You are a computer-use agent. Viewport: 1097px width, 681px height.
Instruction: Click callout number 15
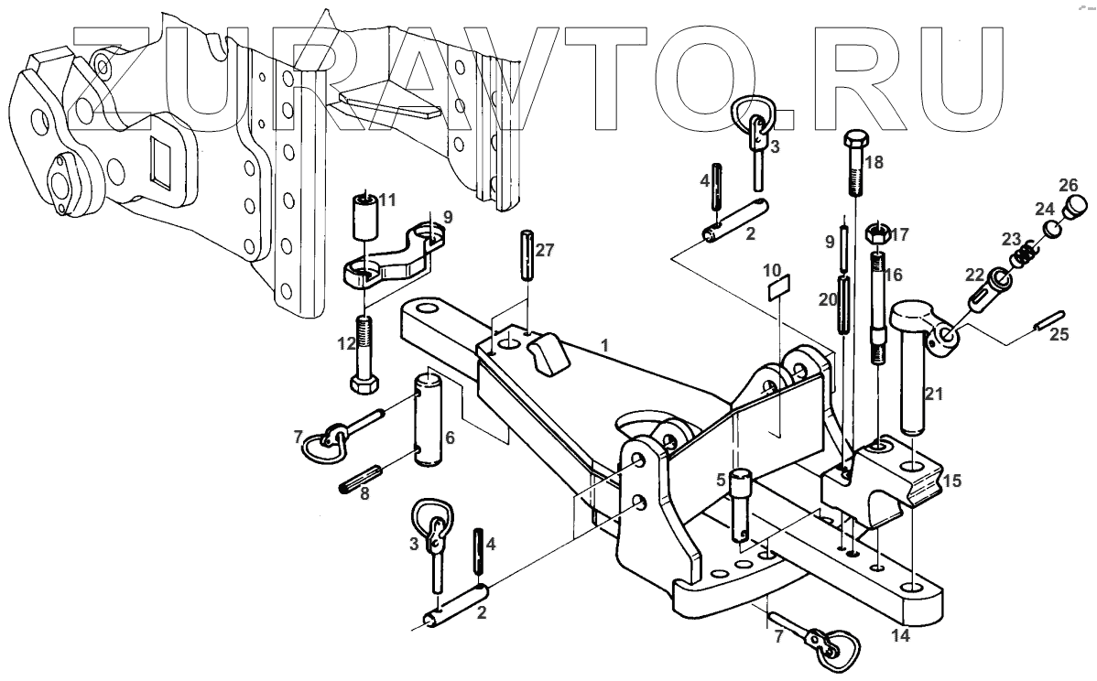952,481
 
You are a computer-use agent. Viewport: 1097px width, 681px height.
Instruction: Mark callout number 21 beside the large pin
933,395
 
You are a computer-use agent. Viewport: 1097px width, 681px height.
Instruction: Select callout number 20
827,298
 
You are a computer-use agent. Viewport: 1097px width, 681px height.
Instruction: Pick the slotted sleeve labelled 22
981,294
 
